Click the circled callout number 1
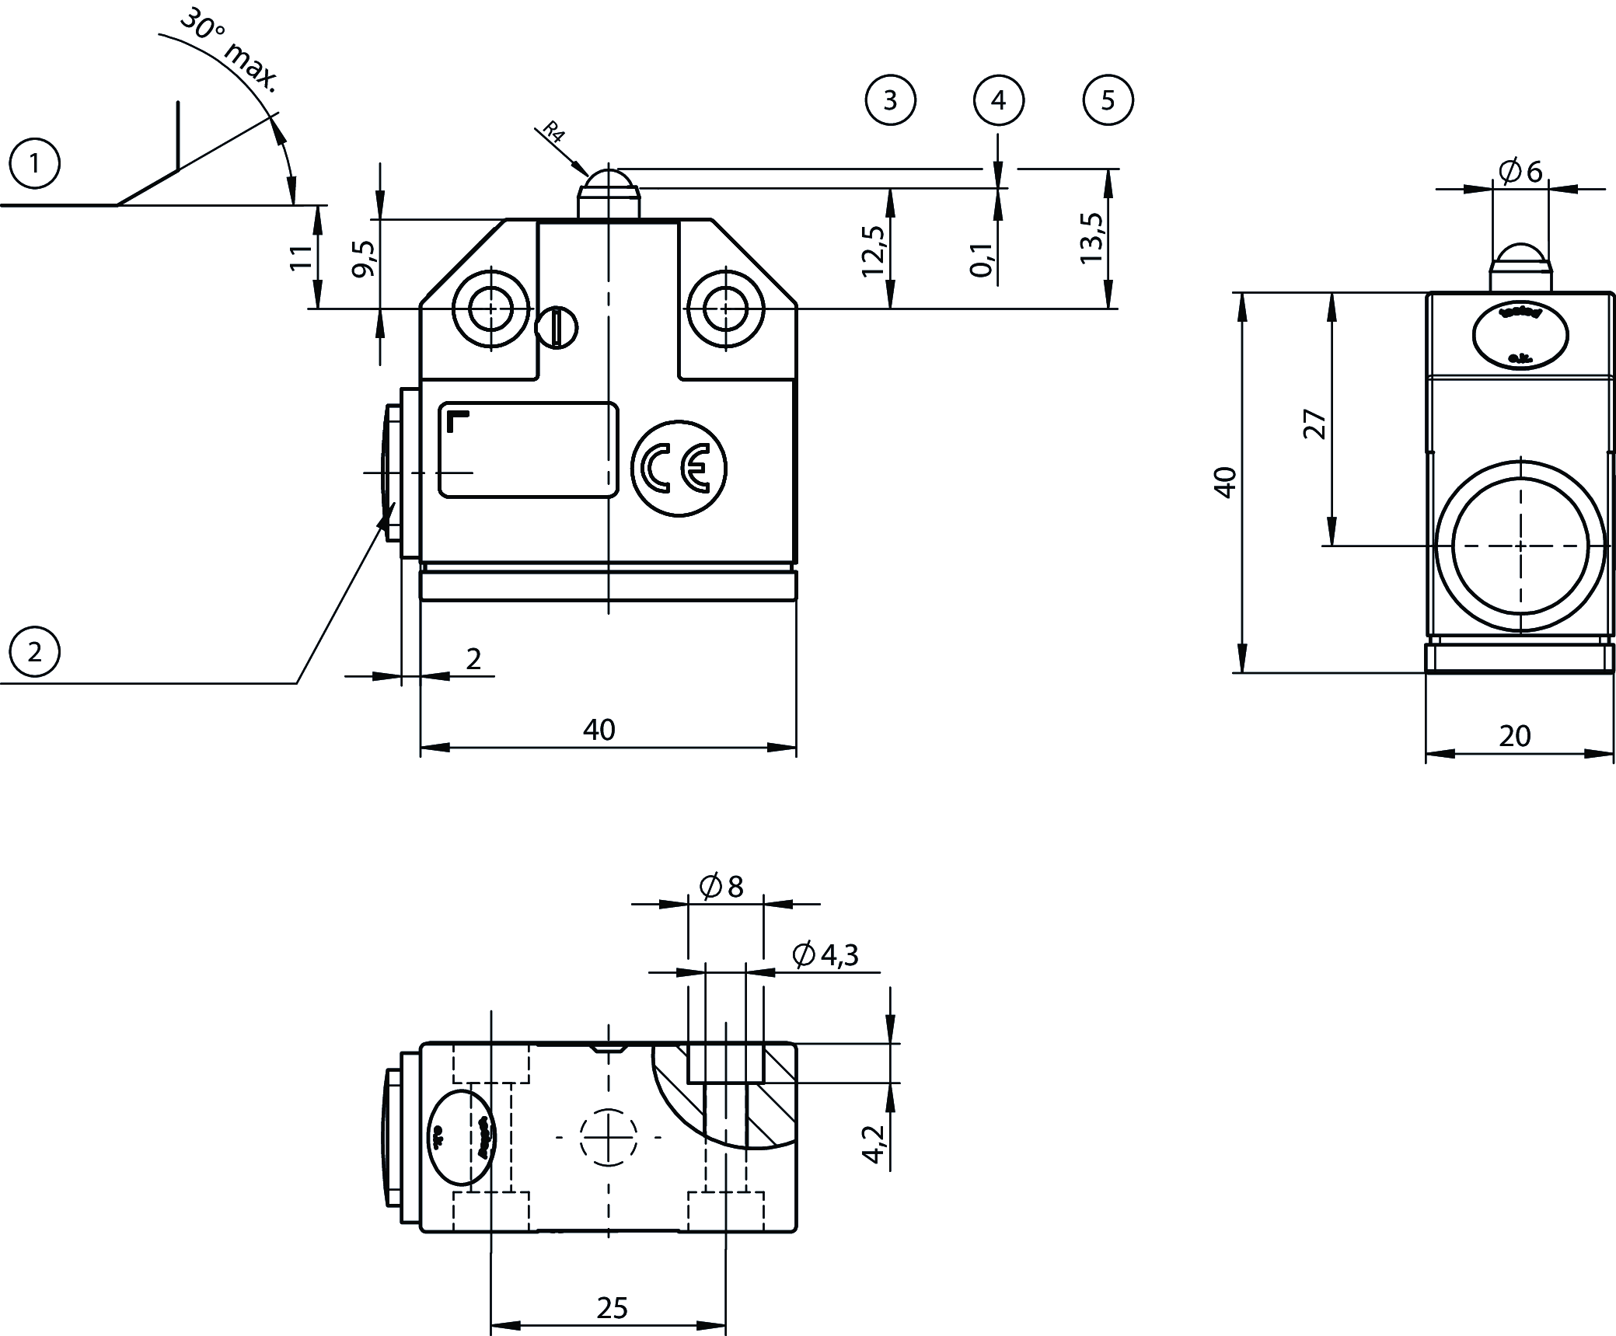(x=34, y=165)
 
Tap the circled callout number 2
(x=34, y=651)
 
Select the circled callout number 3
(x=890, y=100)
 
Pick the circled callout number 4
(x=999, y=100)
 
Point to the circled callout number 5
(x=1108, y=100)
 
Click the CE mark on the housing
(x=679, y=469)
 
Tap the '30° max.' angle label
(x=229, y=51)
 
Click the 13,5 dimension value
(x=1091, y=238)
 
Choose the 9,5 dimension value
(x=364, y=259)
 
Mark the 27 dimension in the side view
(x=1314, y=424)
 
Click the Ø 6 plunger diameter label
(x=1520, y=171)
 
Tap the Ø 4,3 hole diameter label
(x=825, y=955)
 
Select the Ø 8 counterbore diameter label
(x=721, y=886)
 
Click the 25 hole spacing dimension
(x=612, y=1308)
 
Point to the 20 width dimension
(x=1514, y=735)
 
